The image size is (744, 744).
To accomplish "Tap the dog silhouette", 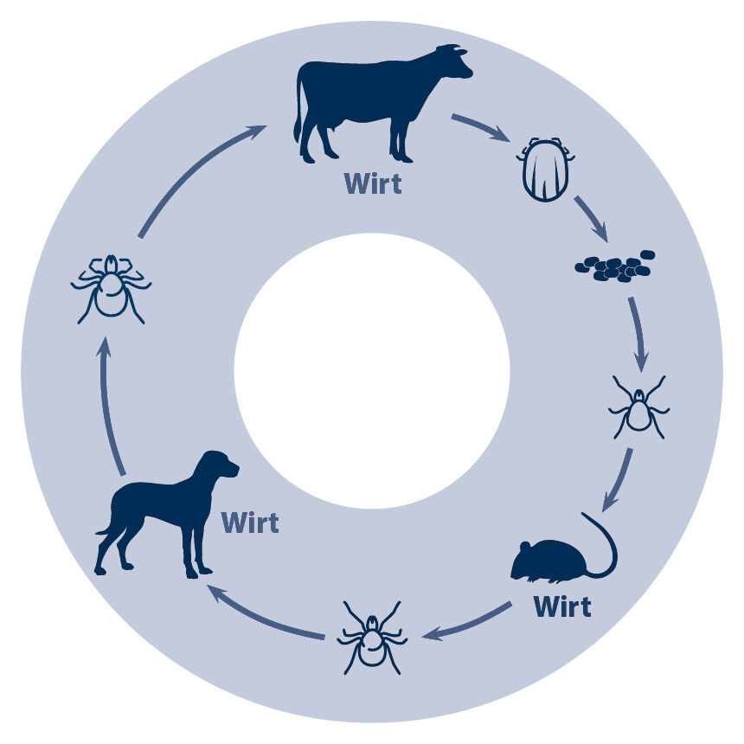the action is click(167, 515).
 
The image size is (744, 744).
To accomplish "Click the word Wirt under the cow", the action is click(374, 183).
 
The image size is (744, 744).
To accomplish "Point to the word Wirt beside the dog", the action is click(250, 523).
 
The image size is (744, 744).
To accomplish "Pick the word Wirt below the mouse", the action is click(562, 606).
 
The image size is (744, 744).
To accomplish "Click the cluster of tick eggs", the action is click(615, 266).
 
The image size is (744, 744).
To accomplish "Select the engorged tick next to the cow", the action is click(546, 170).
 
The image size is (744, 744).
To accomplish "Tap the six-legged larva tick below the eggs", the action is click(638, 407).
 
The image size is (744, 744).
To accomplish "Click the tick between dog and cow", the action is click(111, 289).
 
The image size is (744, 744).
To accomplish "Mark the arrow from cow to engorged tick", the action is click(481, 127).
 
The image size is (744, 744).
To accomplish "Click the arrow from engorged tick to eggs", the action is click(591, 219).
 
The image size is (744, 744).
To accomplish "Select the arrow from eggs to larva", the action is click(638, 335).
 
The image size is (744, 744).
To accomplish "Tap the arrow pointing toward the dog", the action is click(266, 613).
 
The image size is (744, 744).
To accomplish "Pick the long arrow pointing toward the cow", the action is click(202, 181).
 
